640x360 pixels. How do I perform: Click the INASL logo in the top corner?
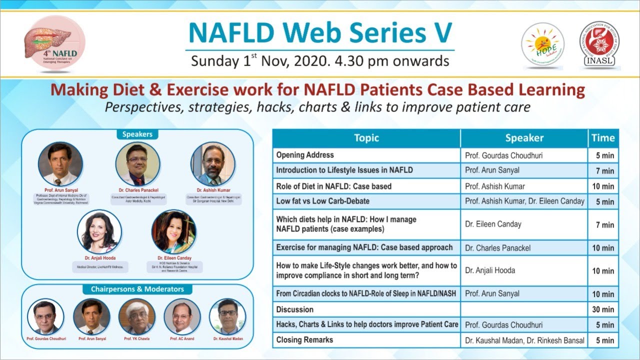pyautogui.click(x=599, y=44)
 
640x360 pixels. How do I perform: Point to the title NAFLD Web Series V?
pyautogui.click(x=320, y=33)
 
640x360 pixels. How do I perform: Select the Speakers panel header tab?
pyautogui.click(x=137, y=134)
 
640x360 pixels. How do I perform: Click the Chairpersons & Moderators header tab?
pyautogui.click(x=137, y=289)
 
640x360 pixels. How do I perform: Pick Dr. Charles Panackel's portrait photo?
pyautogui.click(x=137, y=164)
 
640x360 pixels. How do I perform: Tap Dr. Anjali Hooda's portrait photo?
pyautogui.click(x=99, y=231)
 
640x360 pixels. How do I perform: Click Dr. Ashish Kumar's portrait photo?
pyautogui.click(x=213, y=164)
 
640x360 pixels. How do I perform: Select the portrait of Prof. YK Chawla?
pyautogui.click(x=137, y=316)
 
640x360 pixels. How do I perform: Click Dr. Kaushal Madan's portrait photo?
pyautogui.click(x=227, y=316)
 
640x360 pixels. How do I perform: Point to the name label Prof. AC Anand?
pyautogui.click(x=182, y=339)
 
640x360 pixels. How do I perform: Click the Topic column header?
pyautogui.click(x=366, y=138)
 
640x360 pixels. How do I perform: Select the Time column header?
pyautogui.click(x=603, y=138)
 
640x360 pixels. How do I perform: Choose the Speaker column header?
pyautogui.click(x=524, y=138)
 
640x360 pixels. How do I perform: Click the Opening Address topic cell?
pyautogui.click(x=366, y=155)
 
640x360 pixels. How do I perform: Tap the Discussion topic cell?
pyautogui.click(x=366, y=309)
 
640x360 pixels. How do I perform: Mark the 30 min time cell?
pyautogui.click(x=603, y=309)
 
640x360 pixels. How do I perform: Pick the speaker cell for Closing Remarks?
pyautogui.click(x=524, y=340)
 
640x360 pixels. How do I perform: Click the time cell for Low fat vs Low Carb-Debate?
pyautogui.click(x=603, y=201)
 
